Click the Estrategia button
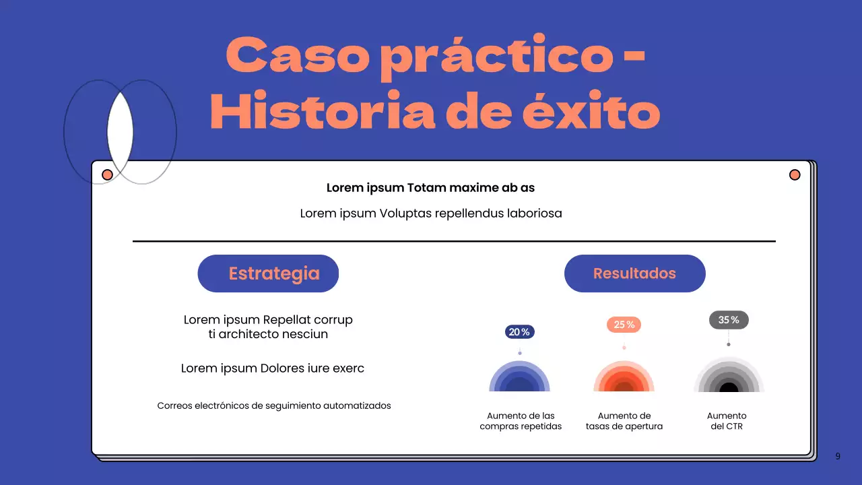pyautogui.click(x=268, y=273)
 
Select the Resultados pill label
pyautogui.click(x=634, y=273)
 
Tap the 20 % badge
pyautogui.click(x=519, y=332)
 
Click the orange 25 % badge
pyautogui.click(x=624, y=325)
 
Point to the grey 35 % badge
pyautogui.click(x=729, y=320)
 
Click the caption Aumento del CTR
pyautogui.click(x=727, y=421)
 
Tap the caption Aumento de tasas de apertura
pyautogui.click(x=624, y=421)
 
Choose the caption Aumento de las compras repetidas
pyautogui.click(x=521, y=421)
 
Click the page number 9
pyautogui.click(x=838, y=456)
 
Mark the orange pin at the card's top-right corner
pyautogui.click(x=795, y=175)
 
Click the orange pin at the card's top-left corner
pyautogui.click(x=107, y=175)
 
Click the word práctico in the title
pyautogui.click(x=496, y=57)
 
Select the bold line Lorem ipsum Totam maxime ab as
pyautogui.click(x=430, y=188)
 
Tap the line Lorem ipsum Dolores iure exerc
pyautogui.click(x=273, y=368)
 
